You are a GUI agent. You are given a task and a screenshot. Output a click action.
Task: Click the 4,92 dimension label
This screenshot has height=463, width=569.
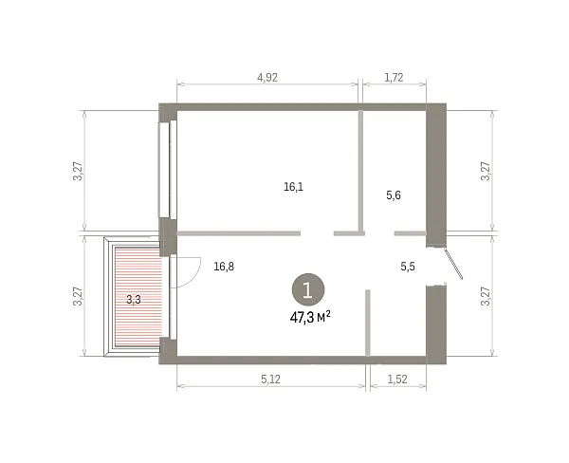(267, 78)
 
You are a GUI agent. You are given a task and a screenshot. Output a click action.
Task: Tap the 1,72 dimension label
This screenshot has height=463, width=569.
(394, 78)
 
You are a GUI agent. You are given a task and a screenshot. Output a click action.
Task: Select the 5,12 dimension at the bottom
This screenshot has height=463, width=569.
(270, 380)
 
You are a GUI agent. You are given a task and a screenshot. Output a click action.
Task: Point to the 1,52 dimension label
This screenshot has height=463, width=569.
(397, 380)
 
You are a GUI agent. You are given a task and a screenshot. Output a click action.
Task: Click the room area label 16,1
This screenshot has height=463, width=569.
(294, 187)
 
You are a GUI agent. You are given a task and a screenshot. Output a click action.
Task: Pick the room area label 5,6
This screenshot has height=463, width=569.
(394, 195)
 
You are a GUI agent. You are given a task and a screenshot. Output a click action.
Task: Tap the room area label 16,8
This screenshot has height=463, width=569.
(224, 267)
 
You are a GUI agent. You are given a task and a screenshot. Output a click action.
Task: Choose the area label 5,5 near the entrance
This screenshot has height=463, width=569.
(408, 267)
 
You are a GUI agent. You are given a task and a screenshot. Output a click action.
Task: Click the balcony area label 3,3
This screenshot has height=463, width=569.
(134, 300)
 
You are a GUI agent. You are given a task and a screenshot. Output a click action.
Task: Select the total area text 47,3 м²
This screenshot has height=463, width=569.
(310, 318)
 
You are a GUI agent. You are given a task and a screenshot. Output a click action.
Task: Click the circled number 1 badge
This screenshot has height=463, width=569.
(308, 289)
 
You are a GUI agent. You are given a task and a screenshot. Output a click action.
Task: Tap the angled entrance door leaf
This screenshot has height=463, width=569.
(453, 264)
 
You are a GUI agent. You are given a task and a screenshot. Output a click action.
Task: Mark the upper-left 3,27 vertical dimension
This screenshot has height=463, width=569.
(79, 171)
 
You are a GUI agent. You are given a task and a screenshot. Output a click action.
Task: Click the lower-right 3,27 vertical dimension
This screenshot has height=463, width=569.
(486, 296)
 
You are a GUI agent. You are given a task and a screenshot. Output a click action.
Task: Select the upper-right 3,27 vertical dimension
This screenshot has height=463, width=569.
(486, 171)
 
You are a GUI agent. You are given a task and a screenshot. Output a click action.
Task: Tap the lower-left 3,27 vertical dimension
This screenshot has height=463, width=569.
(79, 296)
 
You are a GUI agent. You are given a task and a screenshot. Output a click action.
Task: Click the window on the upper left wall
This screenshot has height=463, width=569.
(168, 169)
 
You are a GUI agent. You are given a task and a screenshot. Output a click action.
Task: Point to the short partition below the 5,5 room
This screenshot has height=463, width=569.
(368, 323)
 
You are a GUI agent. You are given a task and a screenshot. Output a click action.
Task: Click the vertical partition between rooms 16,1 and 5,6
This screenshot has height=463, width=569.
(361, 173)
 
